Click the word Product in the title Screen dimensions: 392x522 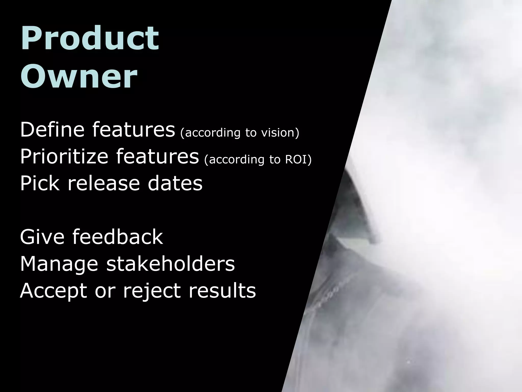point(90,38)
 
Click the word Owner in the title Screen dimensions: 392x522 point(79,76)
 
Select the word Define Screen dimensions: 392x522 point(52,130)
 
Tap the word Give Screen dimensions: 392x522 point(42,237)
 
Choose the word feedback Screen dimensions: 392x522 point(118,237)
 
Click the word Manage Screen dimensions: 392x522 point(59,264)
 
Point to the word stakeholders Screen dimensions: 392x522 point(171,264)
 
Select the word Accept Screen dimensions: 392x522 point(54,291)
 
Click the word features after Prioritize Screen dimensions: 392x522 point(157,157)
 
